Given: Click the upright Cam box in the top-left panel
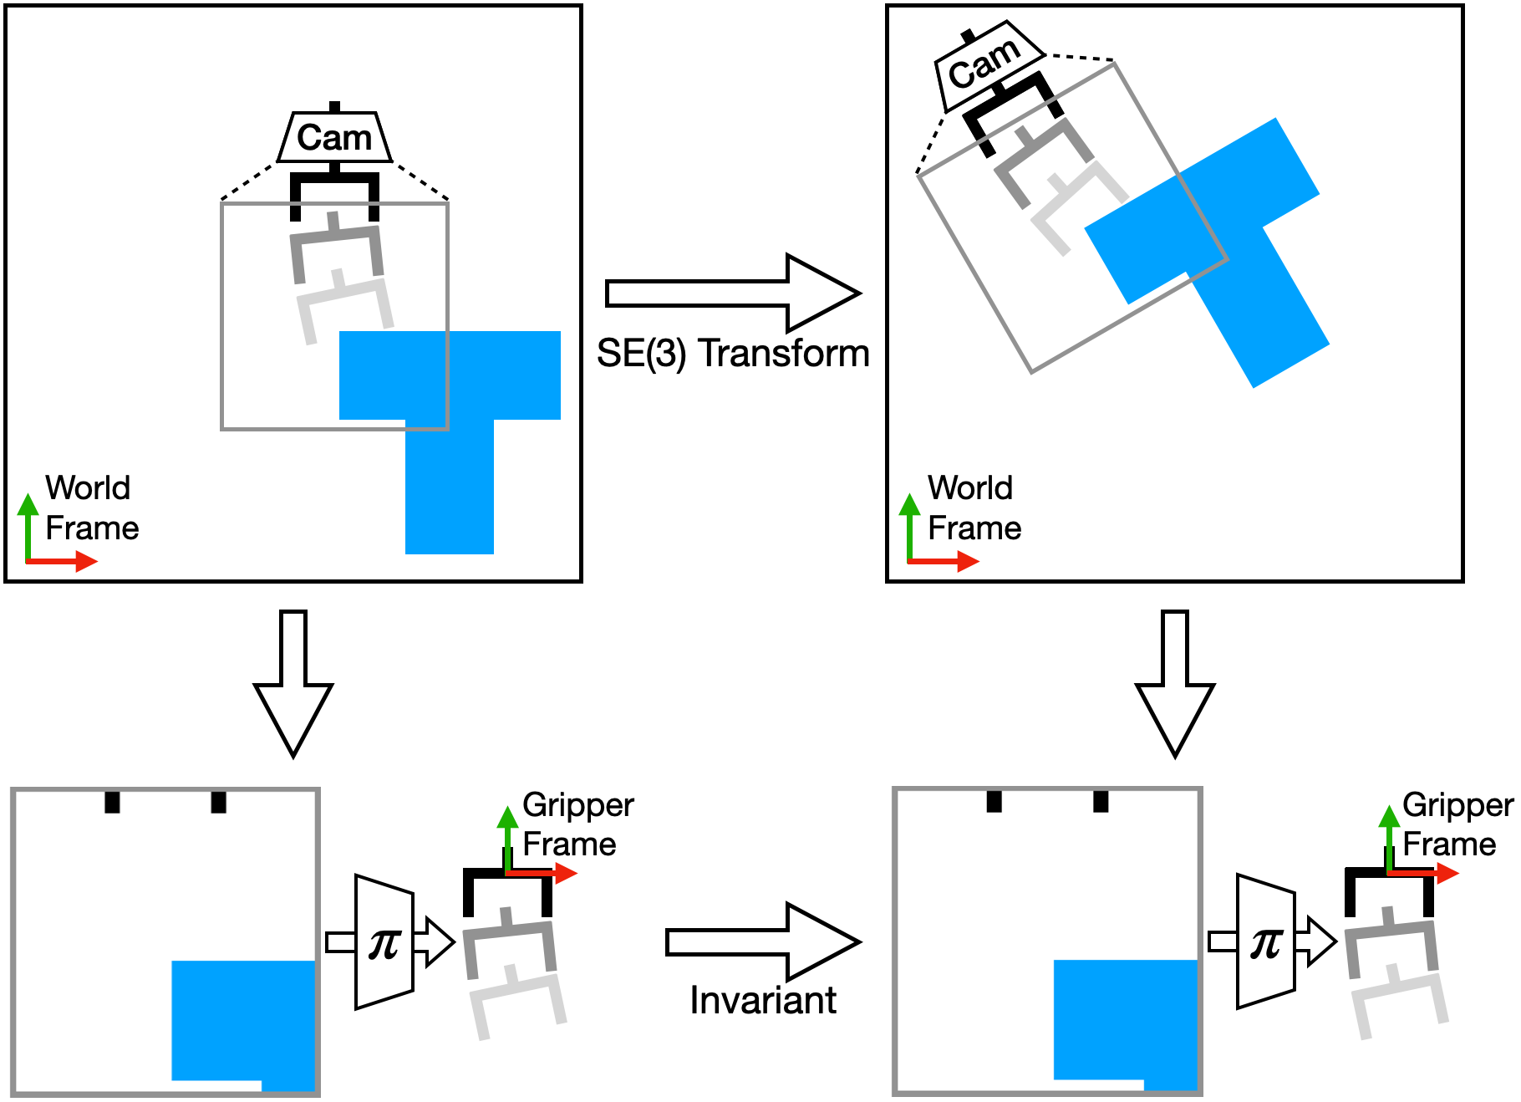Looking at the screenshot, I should pos(334,136).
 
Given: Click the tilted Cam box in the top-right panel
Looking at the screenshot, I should pos(987,64).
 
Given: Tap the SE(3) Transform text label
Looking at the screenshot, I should pos(733,353).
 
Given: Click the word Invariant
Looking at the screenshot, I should pos(762,1000).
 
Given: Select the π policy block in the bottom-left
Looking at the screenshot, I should pos(384,942).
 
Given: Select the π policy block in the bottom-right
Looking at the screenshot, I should pos(1265,942).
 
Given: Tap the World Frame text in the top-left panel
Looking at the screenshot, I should pos(91,508).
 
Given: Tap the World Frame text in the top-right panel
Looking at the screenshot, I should pos(974,508).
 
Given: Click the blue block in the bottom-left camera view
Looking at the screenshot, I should pos(242,1020).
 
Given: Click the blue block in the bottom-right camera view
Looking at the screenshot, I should pos(1125,1020).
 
